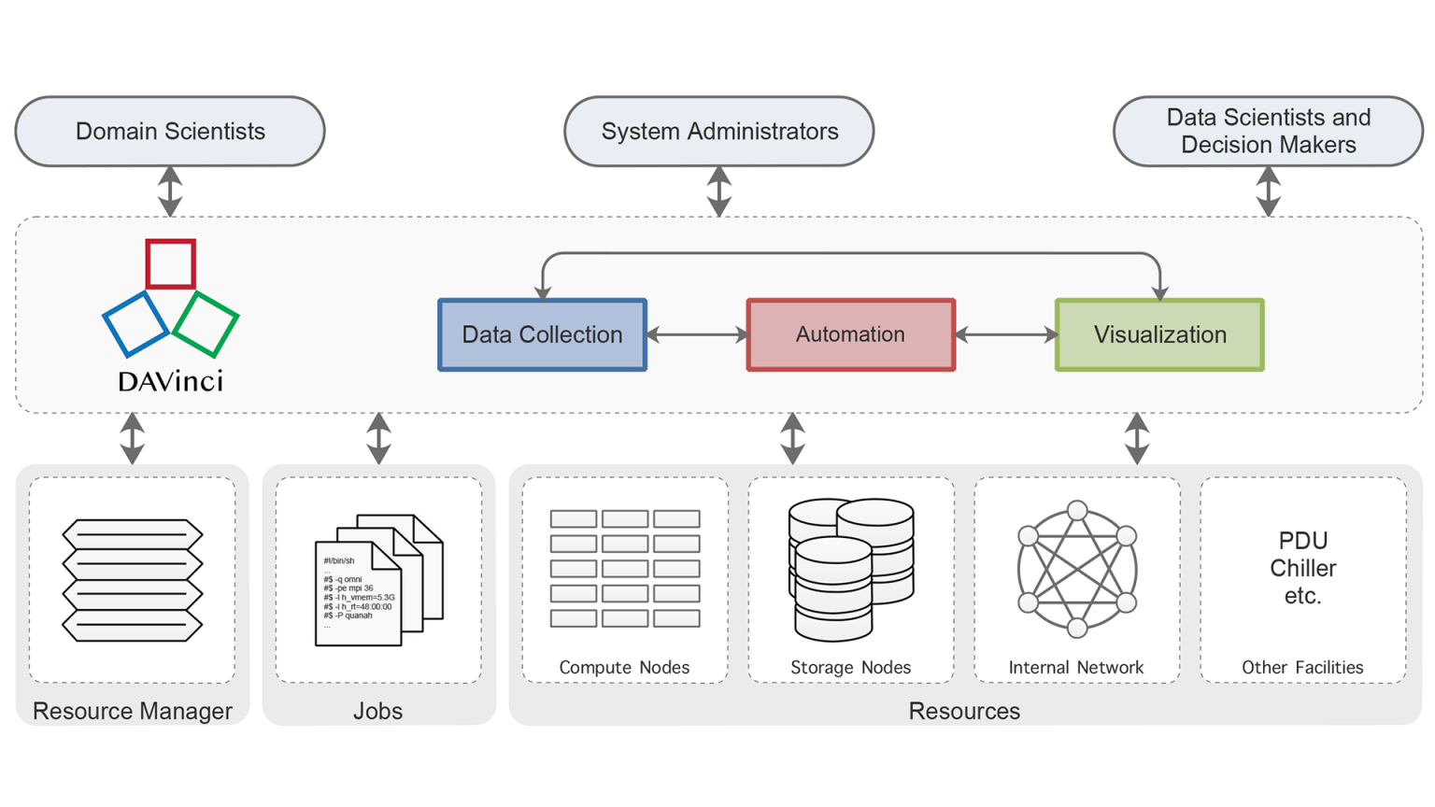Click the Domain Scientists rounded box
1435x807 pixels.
pyautogui.click(x=170, y=132)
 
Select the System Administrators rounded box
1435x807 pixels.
pyautogui.click(x=718, y=132)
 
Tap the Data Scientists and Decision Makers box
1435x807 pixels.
pyautogui.click(x=1268, y=132)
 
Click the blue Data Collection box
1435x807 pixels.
pyautogui.click(x=542, y=335)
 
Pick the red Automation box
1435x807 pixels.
pyautogui.click(x=850, y=335)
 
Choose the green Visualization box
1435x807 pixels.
pyautogui.click(x=1159, y=335)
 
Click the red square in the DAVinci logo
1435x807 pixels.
pyautogui.click(x=171, y=263)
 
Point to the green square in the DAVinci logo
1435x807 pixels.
pyautogui.click(x=206, y=324)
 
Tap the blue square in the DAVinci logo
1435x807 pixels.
pyautogui.click(x=136, y=324)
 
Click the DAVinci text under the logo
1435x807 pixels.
pyautogui.click(x=171, y=381)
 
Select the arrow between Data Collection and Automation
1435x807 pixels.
pyautogui.click(x=697, y=335)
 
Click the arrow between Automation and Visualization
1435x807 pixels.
pyautogui.click(x=1005, y=335)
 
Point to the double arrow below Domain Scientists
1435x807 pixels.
pyautogui.click(x=170, y=191)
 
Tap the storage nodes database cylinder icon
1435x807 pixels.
pyautogui.click(x=850, y=569)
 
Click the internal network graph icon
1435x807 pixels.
pyautogui.click(x=1077, y=569)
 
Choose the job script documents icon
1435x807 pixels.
pyautogui.click(x=378, y=579)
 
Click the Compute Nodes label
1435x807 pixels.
pyautogui.click(x=624, y=667)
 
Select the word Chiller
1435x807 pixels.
pyautogui.click(x=1303, y=568)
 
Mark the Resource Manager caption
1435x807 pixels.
pyautogui.click(x=133, y=711)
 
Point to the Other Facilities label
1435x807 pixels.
pyautogui.click(x=1302, y=667)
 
